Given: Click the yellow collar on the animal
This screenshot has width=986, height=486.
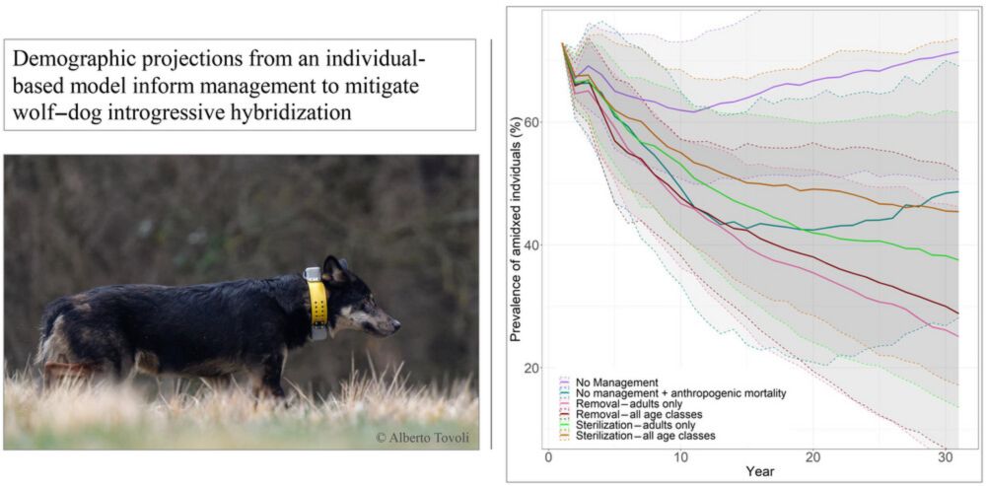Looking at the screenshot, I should point(317,302).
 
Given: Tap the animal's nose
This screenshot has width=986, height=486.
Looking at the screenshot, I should point(396,324).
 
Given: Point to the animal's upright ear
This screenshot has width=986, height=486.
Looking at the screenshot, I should point(334,268).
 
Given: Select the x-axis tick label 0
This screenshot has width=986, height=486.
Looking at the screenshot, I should point(548,458).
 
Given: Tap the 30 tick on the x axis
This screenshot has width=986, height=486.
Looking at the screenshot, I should point(944,458).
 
